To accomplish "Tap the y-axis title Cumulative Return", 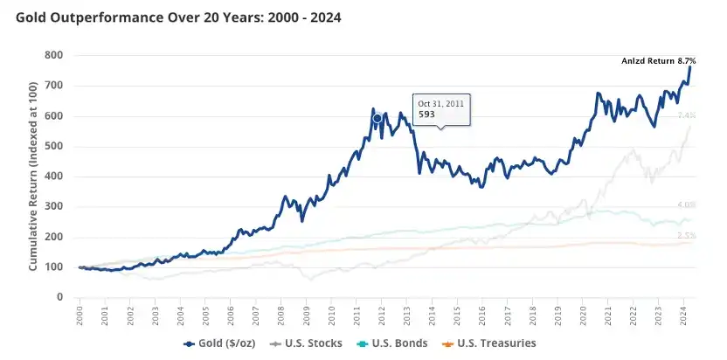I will (32, 176).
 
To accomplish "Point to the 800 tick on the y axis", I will (55, 55).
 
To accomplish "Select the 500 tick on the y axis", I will (55, 146).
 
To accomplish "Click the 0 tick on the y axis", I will (59, 297).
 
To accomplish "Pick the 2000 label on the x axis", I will (80, 316).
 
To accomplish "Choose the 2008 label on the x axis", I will (281, 316).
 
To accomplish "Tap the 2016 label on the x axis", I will (483, 316).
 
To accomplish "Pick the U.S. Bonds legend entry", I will (397, 343).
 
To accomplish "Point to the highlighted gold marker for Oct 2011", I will (377, 118).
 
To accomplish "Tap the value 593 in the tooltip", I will (426, 114).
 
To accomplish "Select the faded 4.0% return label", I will (686, 206).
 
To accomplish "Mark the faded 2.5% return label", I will (686, 237).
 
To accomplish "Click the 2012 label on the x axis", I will (382, 316).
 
